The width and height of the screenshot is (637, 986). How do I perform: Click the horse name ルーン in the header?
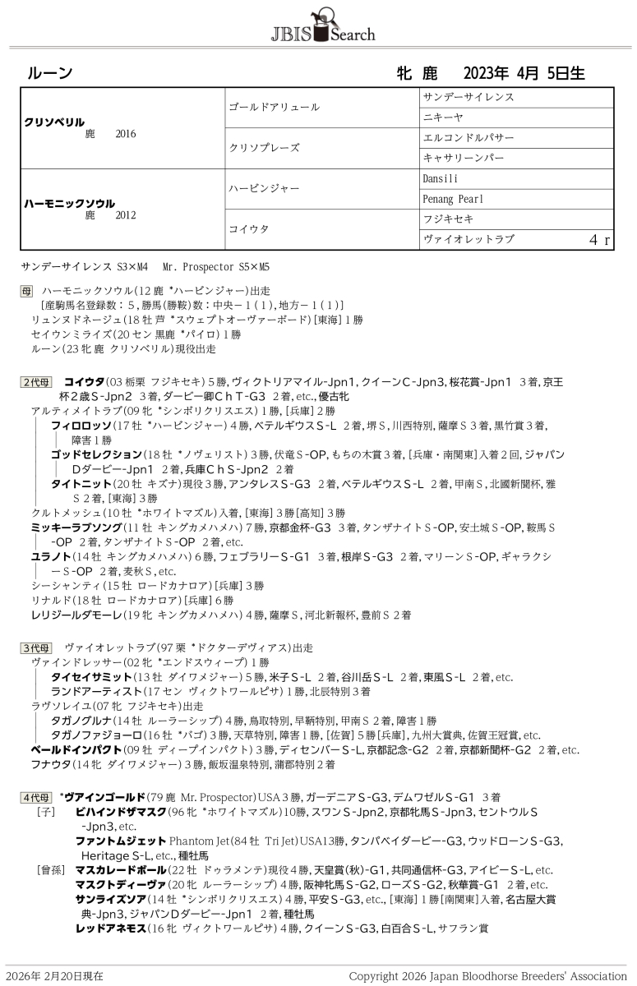(x=50, y=73)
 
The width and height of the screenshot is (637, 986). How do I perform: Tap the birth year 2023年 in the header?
(x=487, y=73)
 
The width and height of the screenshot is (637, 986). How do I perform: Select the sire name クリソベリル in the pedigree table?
(x=54, y=121)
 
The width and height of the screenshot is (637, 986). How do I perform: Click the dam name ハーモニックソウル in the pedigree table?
(x=70, y=203)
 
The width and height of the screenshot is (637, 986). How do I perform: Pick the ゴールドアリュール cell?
(x=274, y=108)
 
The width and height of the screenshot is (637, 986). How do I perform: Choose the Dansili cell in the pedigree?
(x=441, y=178)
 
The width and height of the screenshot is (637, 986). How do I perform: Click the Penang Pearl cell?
(x=454, y=199)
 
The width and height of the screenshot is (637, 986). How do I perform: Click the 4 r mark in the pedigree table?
(x=599, y=240)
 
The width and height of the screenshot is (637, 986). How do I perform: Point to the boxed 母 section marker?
(x=26, y=291)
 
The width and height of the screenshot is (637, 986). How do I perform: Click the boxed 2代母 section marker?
(x=36, y=382)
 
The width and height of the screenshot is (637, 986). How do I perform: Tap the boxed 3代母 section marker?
(x=36, y=647)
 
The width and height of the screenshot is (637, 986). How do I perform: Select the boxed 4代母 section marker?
(x=36, y=796)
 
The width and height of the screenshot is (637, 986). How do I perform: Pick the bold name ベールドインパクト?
(x=76, y=749)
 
